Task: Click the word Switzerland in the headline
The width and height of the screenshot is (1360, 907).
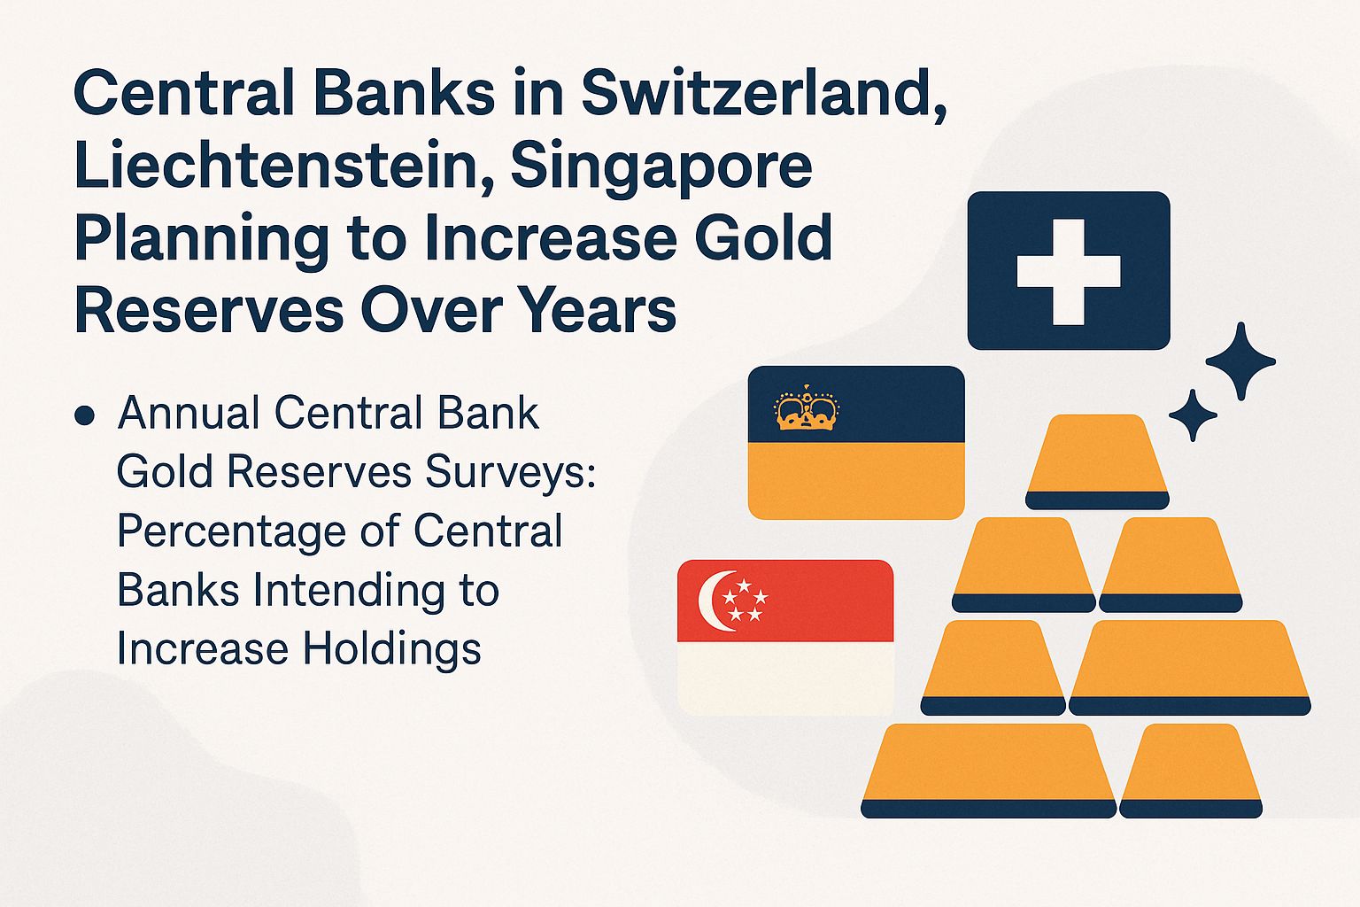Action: [x=764, y=93]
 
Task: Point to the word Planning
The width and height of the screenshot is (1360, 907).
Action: [x=201, y=238]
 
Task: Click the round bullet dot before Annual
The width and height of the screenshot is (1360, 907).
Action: [x=86, y=415]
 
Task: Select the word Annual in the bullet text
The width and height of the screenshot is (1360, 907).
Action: [x=189, y=413]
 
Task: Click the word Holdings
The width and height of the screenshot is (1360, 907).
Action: [x=393, y=649]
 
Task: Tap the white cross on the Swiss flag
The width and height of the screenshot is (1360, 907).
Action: [x=1068, y=271]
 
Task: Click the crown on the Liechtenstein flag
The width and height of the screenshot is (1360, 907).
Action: [x=806, y=409]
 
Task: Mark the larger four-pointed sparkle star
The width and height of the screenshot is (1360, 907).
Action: [x=1240, y=360]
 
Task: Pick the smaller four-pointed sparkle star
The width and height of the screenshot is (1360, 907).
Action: [x=1193, y=415]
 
